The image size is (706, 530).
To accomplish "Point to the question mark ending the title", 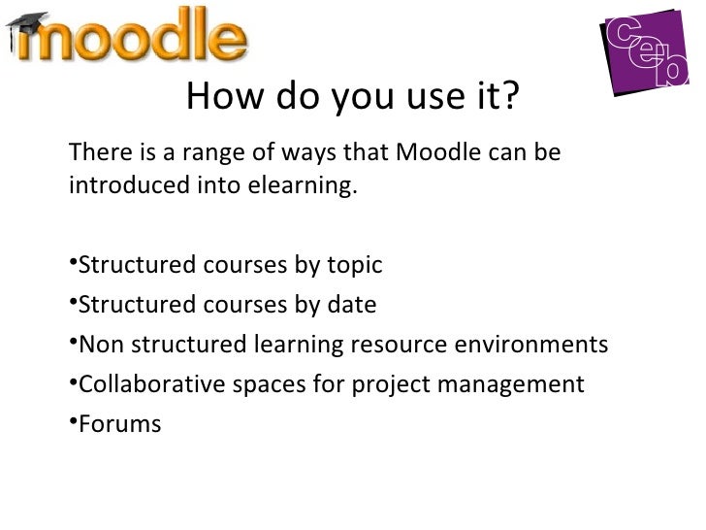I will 512,97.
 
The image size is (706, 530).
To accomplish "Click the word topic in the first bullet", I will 353,266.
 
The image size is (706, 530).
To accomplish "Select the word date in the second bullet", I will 350,306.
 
